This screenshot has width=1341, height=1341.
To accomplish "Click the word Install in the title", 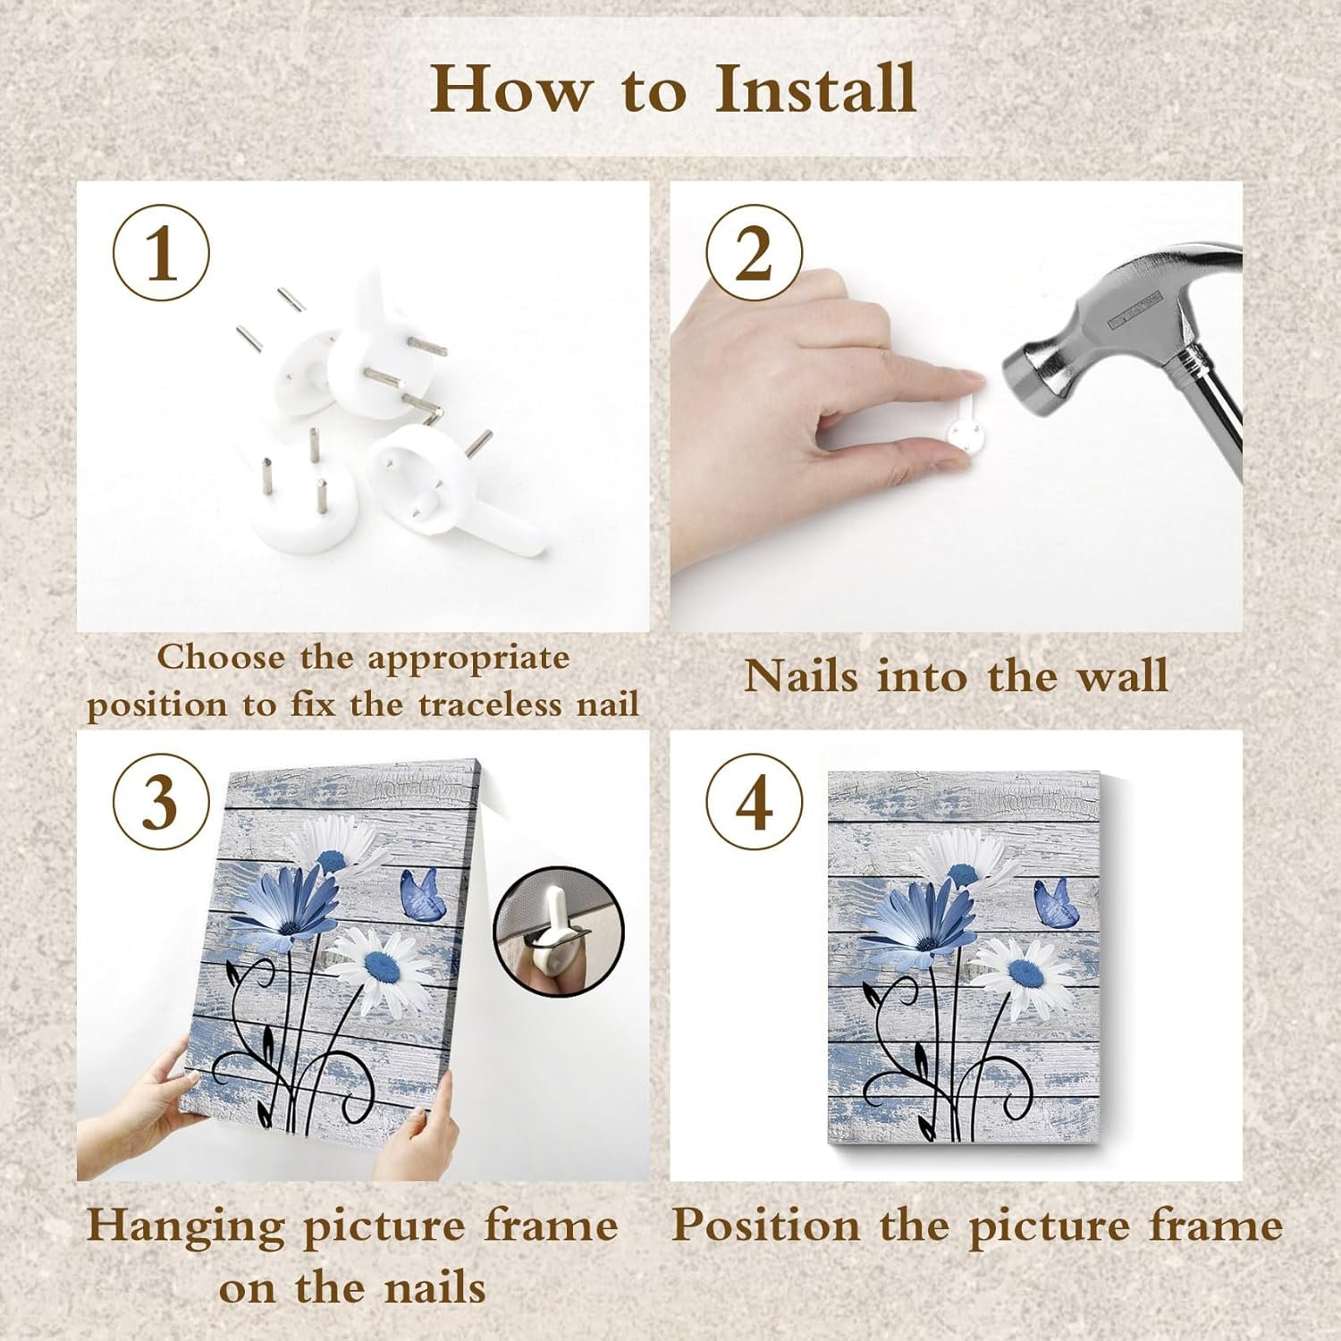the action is (x=816, y=89).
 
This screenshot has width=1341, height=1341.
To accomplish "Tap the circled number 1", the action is (x=161, y=254).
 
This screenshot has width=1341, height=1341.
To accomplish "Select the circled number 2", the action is (x=754, y=254).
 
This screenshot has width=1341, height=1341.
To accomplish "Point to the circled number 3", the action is (x=161, y=802).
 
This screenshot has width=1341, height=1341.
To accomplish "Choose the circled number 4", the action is (x=754, y=802).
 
